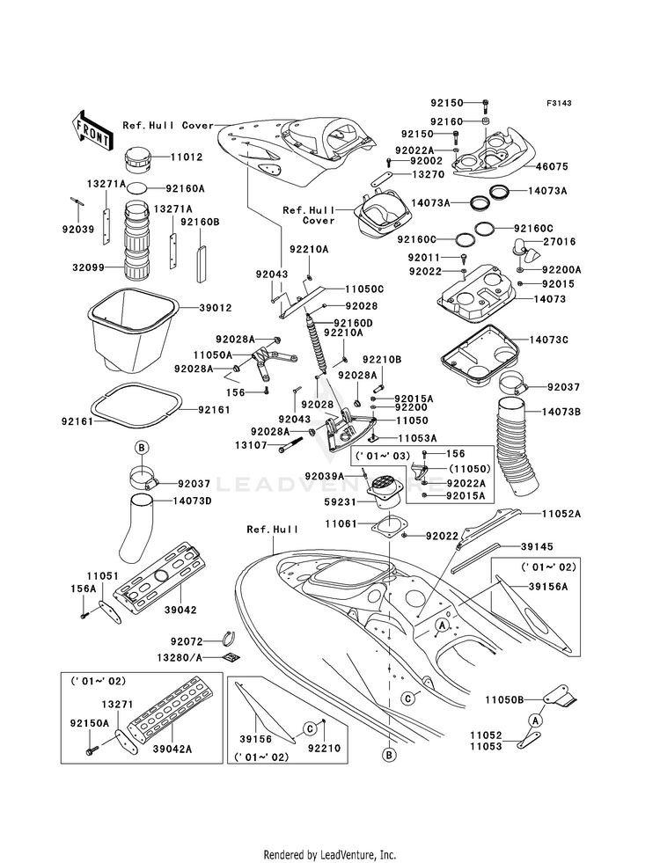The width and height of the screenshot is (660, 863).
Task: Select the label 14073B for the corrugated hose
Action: tap(560, 411)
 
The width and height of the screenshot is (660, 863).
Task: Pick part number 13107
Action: tap(252, 446)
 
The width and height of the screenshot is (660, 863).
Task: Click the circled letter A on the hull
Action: tap(444, 622)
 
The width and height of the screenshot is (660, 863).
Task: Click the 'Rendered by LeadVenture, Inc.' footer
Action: tap(329, 854)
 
